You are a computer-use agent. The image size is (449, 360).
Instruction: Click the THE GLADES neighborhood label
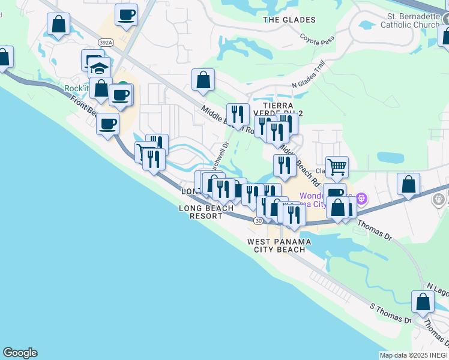point(281,20)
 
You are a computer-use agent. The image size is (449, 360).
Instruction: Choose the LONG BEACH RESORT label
point(206,212)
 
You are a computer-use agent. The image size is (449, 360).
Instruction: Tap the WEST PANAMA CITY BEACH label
point(280,245)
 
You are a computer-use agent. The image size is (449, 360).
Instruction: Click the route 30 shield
point(258,221)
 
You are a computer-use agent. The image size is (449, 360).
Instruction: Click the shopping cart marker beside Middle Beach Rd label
point(337,166)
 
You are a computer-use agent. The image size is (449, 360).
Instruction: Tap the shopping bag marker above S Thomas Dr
point(423,302)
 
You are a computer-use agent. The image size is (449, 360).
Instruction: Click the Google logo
point(20,353)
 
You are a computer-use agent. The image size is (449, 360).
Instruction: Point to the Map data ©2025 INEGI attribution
point(414,355)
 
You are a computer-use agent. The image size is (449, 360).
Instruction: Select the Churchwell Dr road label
point(218,155)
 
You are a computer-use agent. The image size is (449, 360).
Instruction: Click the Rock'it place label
point(77,88)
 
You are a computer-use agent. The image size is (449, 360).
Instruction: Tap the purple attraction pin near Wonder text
point(361,197)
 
